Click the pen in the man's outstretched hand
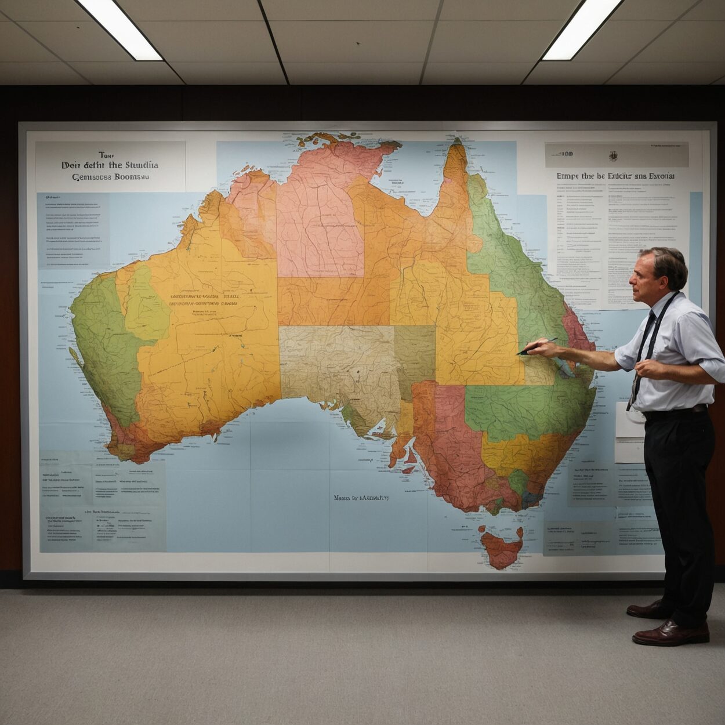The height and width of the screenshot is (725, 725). click(x=537, y=346)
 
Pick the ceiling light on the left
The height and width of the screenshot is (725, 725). click(x=120, y=28)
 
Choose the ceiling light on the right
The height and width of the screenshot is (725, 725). click(x=582, y=28)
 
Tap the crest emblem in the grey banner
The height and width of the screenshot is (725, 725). click(x=613, y=155)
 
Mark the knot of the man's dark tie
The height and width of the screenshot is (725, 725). click(x=652, y=316)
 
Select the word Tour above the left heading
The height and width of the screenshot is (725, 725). click(x=104, y=155)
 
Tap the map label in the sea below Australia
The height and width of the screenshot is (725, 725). click(x=361, y=498)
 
